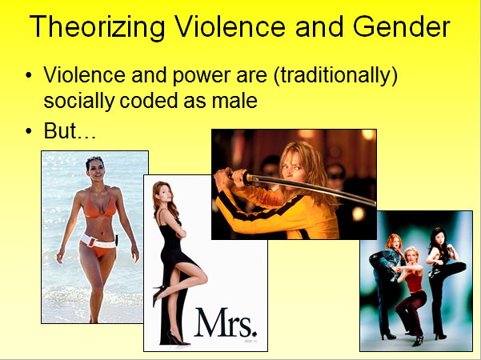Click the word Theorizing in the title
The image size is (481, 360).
(98, 26)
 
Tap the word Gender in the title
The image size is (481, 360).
(401, 26)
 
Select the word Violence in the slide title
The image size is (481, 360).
(230, 26)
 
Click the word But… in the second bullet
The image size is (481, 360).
(70, 131)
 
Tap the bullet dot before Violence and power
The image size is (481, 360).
(29, 75)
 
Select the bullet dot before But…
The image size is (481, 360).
(29, 131)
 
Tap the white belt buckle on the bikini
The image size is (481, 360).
(91, 242)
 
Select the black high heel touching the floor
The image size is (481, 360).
(178, 338)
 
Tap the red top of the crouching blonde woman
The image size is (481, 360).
(414, 282)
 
